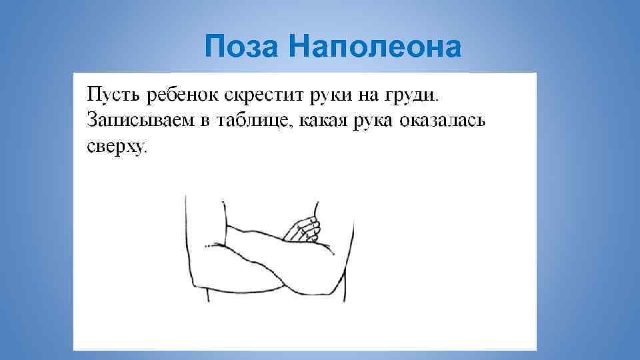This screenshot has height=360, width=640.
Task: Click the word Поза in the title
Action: pos(243,46)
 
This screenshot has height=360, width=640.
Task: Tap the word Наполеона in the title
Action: pos(375,46)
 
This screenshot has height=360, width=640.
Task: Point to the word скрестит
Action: pos(263,95)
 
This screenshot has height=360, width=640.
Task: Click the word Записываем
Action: pos(141,121)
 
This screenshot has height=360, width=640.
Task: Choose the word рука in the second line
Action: pos(373,122)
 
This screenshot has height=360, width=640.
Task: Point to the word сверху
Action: pos(114,147)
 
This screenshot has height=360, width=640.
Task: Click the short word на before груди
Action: pos(366,95)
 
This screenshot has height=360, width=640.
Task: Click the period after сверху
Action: pos(145,151)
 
